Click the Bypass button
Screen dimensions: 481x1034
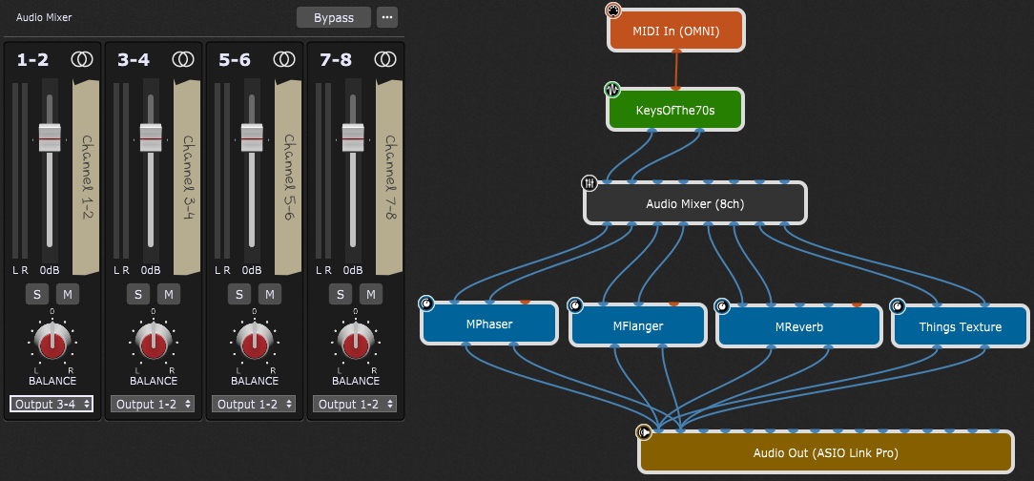click(x=334, y=18)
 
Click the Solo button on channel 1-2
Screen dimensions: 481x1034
click(x=36, y=294)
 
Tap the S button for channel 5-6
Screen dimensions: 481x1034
click(x=238, y=294)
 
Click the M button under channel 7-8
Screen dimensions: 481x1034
click(x=370, y=294)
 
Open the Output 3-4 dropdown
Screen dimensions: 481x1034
click(x=52, y=404)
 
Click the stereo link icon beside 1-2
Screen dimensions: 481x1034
click(x=82, y=59)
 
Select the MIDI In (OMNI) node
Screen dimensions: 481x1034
click(x=675, y=31)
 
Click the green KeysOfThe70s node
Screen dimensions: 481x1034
click(x=674, y=111)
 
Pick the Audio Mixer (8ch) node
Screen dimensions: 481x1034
click(x=694, y=203)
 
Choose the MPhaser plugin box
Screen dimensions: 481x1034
click(x=489, y=324)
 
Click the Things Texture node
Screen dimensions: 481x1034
click(x=960, y=326)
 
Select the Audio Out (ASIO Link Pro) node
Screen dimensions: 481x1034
click(x=826, y=452)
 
